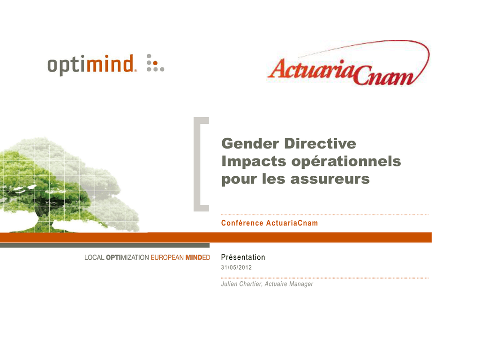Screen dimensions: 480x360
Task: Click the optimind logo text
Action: pyautogui.click(x=90, y=65)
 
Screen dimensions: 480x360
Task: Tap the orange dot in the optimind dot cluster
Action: pyautogui.click(x=156, y=63)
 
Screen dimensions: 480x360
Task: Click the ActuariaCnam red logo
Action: pyautogui.click(x=349, y=63)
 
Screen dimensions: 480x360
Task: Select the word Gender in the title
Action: pyautogui.click(x=250, y=143)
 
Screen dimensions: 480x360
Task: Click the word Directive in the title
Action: pyautogui.click(x=320, y=143)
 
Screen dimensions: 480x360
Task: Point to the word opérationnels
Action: pyautogui.click(x=346, y=162)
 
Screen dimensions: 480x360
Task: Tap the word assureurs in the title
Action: pyautogui.click(x=330, y=179)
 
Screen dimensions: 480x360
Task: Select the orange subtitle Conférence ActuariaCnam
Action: pyautogui.click(x=270, y=223)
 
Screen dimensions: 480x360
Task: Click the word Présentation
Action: pyautogui.click(x=243, y=257)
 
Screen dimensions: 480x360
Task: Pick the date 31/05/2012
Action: pyautogui.click(x=236, y=267)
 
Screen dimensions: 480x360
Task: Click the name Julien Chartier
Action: pyautogui.click(x=241, y=284)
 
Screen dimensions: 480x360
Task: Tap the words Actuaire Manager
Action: pyautogui.click(x=289, y=284)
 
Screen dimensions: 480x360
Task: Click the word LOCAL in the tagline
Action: pyautogui.click(x=94, y=257)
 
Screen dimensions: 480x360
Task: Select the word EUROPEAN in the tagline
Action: pyautogui.click(x=167, y=257)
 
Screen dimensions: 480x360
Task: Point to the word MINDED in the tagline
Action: pyautogui.click(x=198, y=257)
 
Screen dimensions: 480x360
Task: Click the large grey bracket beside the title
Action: pyautogui.click(x=197, y=164)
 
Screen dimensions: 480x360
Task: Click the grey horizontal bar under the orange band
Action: pyautogui.click(x=105, y=245)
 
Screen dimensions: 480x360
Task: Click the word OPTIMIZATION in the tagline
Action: pyautogui.click(x=127, y=257)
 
